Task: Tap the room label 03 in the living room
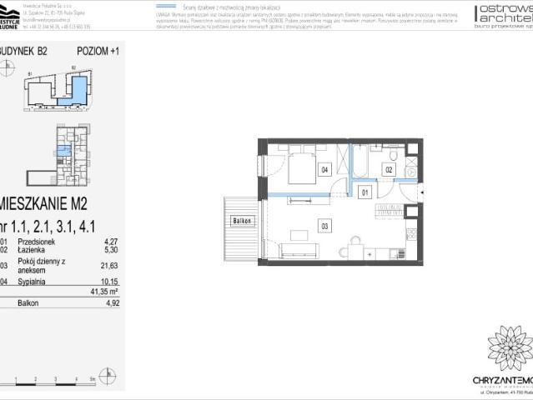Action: pyautogui.click(x=324, y=223)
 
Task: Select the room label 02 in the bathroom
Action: pyautogui.click(x=388, y=169)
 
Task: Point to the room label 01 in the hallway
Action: pyautogui.click(x=364, y=193)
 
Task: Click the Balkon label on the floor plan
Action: pyautogui.click(x=242, y=221)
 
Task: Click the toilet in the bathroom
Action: pyautogui.click(x=395, y=154)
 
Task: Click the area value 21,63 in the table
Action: pyautogui.click(x=108, y=265)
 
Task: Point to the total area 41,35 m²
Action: pyautogui.click(x=104, y=292)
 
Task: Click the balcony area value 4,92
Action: pyautogui.click(x=110, y=305)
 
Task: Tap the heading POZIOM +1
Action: pyautogui.click(x=98, y=51)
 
